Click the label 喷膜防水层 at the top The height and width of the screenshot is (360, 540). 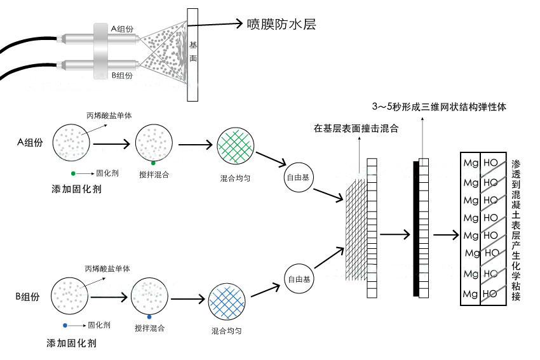pyautogui.click(x=281, y=25)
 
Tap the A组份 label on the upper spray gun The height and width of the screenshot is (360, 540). pyautogui.click(x=122, y=29)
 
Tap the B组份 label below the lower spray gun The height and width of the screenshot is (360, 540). pyautogui.click(x=122, y=76)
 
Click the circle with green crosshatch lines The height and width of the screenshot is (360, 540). pyautogui.click(x=236, y=148)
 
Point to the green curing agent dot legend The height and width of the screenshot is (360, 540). pyautogui.click(x=74, y=173)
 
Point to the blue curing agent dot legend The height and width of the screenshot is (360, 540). pyautogui.click(x=65, y=324)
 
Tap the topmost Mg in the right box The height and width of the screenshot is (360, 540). pyautogui.click(x=471, y=164)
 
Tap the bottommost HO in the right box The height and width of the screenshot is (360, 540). pyautogui.click(x=490, y=294)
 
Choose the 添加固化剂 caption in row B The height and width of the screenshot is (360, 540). pyautogui.click(x=71, y=343)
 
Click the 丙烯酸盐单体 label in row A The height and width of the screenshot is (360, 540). pyautogui.click(x=112, y=115)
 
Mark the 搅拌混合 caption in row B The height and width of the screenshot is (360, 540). pyautogui.click(x=149, y=328)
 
